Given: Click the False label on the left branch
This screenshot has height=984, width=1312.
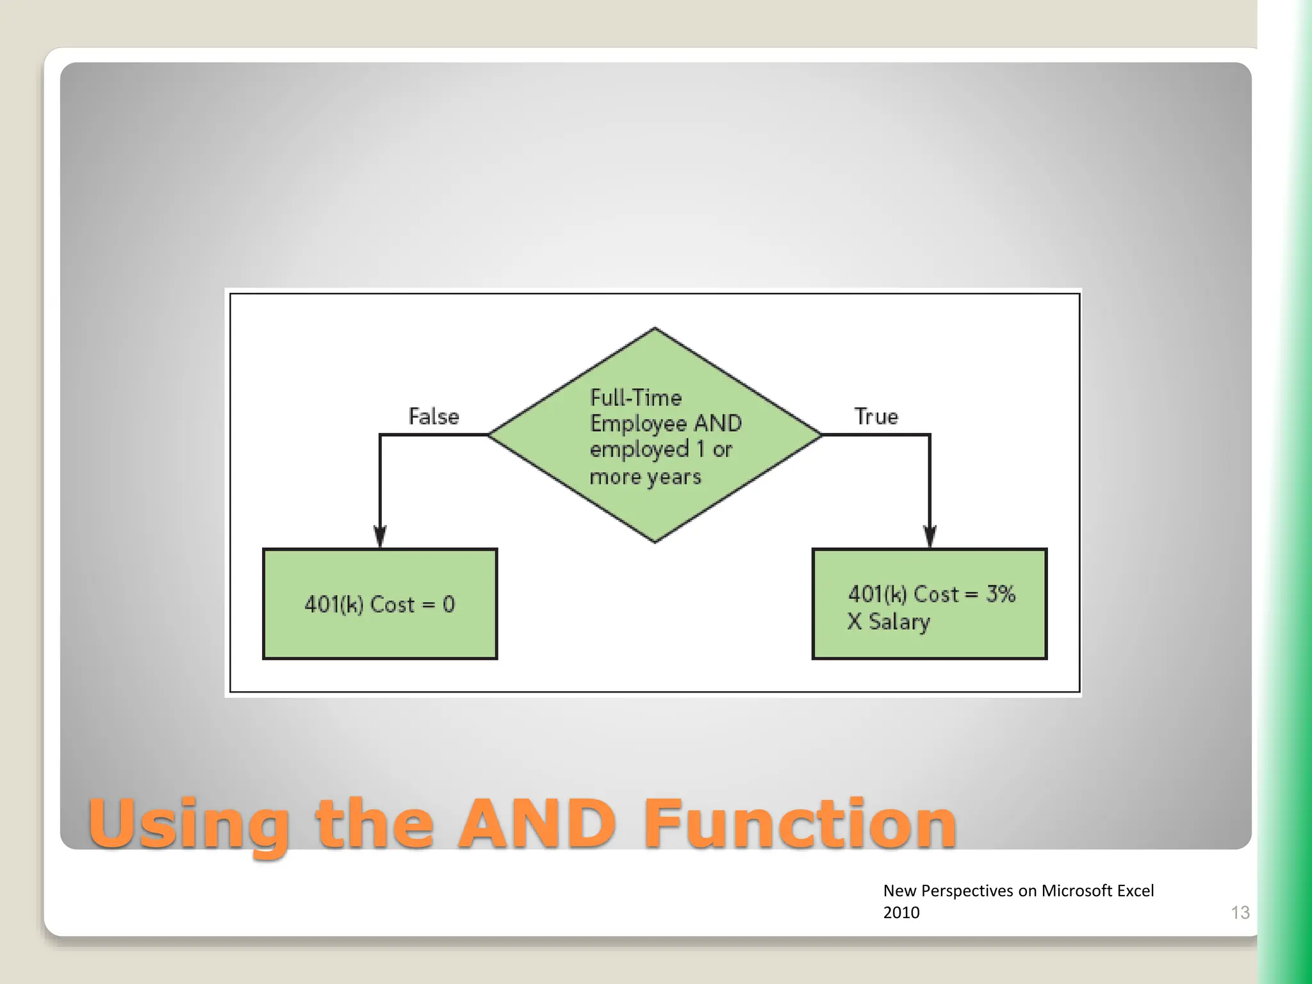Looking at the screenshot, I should (x=434, y=417).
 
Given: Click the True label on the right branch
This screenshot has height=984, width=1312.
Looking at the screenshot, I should (x=876, y=417).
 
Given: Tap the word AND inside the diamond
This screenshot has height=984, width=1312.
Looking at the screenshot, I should (x=717, y=423).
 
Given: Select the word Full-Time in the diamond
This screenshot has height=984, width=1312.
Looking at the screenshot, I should (x=635, y=398).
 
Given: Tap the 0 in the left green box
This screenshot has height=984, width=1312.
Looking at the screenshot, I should (x=448, y=604).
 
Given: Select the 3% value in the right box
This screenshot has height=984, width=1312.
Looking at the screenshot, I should (x=1001, y=594).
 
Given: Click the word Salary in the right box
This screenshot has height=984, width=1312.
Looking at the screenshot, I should (x=899, y=621).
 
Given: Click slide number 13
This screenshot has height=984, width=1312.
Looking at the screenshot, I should (x=1240, y=912).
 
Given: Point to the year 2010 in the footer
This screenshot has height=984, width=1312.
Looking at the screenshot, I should (x=901, y=912).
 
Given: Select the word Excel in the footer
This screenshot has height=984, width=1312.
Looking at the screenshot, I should (x=1135, y=890).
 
